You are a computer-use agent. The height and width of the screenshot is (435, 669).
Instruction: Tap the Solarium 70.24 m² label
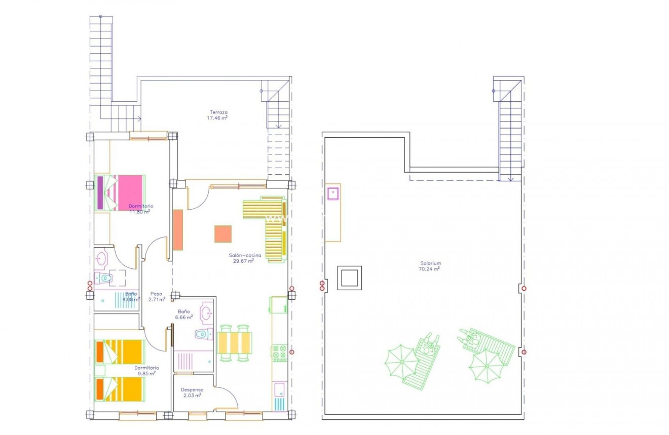point(430,266)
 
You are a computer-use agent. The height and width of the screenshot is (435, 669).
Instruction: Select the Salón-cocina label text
point(244,256)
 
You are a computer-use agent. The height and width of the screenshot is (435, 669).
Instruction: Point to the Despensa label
point(193,390)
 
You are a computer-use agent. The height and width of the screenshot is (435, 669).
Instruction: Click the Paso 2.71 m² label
point(157,296)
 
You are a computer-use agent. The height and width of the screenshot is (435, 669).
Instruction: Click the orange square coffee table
point(223,234)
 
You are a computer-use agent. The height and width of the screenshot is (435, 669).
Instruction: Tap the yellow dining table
point(235,342)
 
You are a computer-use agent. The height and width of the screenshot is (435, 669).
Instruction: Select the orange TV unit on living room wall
point(178,230)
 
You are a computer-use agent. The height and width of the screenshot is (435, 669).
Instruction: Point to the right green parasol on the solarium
point(486,366)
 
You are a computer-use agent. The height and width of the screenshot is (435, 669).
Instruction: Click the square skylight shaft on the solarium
point(350,278)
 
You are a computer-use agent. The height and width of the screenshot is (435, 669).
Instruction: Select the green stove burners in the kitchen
point(280,353)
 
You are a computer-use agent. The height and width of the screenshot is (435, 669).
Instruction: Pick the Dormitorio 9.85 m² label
point(146,371)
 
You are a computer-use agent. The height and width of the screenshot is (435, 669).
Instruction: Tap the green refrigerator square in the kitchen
point(279,305)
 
